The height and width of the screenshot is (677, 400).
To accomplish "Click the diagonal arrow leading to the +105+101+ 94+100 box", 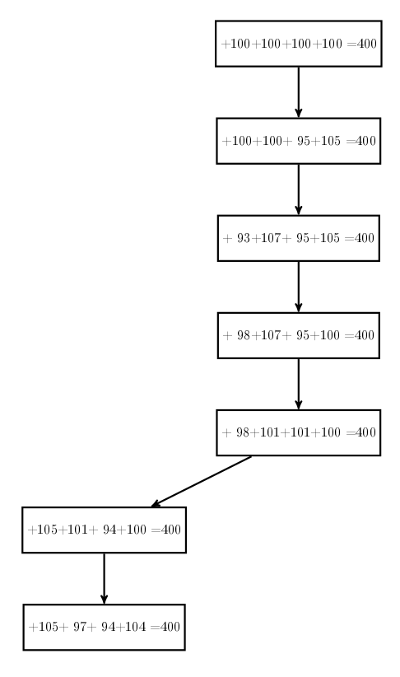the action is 202,482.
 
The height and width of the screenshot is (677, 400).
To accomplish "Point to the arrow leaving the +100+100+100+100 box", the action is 299,92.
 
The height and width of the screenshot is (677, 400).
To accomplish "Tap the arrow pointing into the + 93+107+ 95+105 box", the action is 299,189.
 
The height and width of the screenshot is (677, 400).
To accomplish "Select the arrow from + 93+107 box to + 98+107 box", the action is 299,287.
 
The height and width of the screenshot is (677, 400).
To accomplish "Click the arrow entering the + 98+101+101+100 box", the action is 299,384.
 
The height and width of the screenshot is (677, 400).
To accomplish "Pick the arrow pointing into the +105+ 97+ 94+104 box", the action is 104,578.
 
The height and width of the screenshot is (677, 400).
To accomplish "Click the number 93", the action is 244,238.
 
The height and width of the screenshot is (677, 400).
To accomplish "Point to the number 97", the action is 80,627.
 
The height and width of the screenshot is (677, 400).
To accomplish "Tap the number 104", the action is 136,627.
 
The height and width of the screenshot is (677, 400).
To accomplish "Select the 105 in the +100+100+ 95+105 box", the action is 330,141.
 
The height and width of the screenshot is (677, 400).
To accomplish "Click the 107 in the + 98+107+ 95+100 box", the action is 271,335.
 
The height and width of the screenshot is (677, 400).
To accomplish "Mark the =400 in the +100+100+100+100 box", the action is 361,44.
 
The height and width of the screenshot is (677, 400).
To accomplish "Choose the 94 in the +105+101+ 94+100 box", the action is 109,530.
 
